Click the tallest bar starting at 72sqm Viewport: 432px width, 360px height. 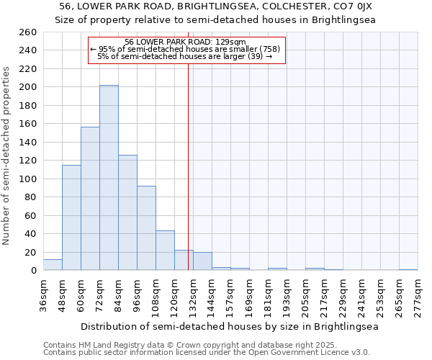pyautogui.click(x=109, y=178)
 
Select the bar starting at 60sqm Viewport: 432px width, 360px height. pyautogui.click(x=90, y=199)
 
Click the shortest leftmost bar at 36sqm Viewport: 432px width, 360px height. pyautogui.click(x=53, y=265)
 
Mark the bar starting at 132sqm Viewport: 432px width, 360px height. pyautogui.click(x=202, y=261)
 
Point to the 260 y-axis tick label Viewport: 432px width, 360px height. pyautogui.click(x=28, y=32)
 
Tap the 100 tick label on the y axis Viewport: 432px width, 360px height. pyautogui.click(x=28, y=179)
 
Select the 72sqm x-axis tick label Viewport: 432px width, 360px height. pyautogui.click(x=99, y=294)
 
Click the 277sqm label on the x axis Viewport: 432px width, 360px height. pyautogui.click(x=418, y=294)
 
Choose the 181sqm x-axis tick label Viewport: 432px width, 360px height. pyautogui.click(x=268, y=294)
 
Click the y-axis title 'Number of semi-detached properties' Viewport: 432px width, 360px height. pyautogui.click(x=7, y=155)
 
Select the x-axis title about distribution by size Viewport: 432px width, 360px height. pyautogui.click(x=230, y=326)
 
